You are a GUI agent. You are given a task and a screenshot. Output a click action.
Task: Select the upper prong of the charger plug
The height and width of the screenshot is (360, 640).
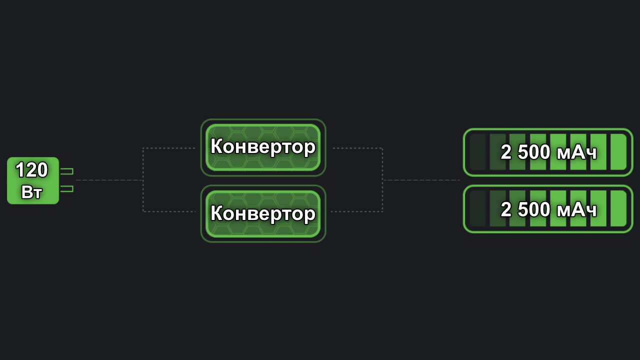click(66, 171)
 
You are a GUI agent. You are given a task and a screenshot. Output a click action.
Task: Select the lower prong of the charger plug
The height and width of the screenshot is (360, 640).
click(66, 189)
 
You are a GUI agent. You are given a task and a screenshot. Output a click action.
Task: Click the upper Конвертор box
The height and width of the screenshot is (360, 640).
click(263, 147)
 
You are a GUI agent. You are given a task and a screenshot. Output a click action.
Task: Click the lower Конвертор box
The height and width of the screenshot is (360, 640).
click(263, 213)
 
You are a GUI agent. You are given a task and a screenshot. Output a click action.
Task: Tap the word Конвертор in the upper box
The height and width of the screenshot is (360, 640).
click(263, 146)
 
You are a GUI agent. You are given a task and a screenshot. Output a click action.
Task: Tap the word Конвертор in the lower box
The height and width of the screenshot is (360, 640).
click(263, 213)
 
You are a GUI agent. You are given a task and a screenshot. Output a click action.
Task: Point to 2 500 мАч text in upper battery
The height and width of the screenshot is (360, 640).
click(548, 152)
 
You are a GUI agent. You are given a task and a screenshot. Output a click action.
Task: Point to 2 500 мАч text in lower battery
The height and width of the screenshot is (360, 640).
click(548, 209)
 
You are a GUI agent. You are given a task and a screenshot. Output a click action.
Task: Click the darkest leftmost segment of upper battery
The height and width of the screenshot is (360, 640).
click(477, 152)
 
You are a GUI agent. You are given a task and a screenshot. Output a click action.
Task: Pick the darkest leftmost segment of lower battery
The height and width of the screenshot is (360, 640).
click(477, 209)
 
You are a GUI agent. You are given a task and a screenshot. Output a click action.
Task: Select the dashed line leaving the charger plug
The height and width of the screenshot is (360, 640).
click(109, 180)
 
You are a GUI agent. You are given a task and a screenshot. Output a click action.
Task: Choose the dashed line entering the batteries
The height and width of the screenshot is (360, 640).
click(421, 180)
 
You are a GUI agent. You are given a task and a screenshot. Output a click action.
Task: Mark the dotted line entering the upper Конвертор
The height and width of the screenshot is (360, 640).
click(169, 148)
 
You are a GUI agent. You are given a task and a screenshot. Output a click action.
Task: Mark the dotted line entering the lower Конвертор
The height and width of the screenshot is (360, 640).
click(169, 211)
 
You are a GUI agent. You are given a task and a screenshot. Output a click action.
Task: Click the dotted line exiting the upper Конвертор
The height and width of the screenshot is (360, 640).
click(357, 148)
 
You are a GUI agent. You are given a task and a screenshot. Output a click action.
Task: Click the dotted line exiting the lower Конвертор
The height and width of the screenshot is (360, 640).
click(356, 211)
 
